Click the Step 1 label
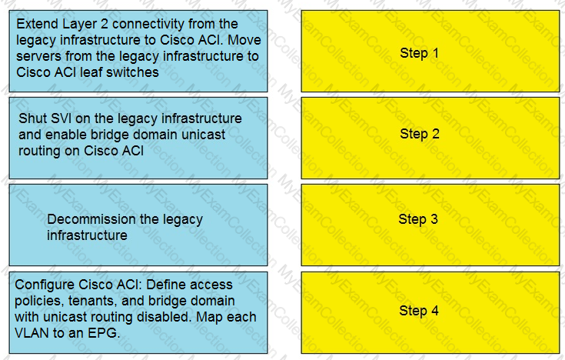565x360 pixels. (419, 53)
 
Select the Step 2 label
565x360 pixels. (420, 134)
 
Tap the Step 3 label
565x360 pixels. (418, 219)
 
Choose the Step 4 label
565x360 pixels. (419, 311)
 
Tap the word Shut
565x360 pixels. (32, 118)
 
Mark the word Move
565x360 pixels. (244, 40)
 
